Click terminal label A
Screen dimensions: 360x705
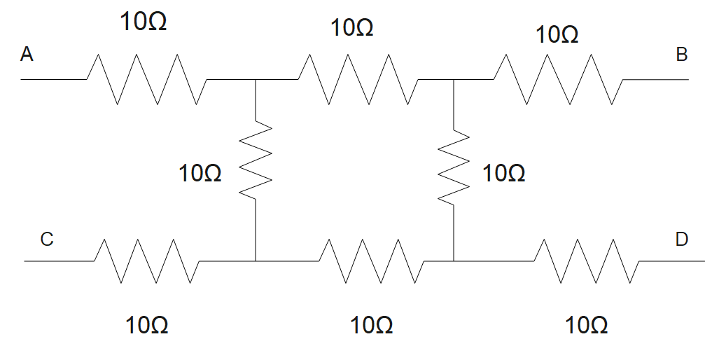tap(27, 54)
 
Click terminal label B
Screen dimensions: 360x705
tap(681, 55)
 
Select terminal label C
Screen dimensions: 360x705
tap(47, 240)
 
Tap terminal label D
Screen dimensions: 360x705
tap(681, 240)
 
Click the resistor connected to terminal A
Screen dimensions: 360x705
tap(146, 80)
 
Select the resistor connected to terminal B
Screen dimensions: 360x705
tap(557, 80)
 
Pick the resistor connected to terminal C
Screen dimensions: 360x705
tap(146, 261)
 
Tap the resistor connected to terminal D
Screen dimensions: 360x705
tap(585, 261)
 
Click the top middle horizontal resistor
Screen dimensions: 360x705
tap(359, 80)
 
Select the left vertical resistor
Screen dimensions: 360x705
tap(256, 162)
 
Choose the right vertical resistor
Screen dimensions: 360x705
tap(454, 167)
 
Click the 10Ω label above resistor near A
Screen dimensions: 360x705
tap(144, 22)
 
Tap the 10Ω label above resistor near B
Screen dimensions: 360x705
tap(557, 34)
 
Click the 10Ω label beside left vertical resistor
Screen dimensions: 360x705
tap(200, 173)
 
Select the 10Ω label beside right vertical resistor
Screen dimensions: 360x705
tap(504, 173)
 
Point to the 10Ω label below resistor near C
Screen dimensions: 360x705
tap(147, 326)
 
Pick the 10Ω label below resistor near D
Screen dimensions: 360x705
tap(587, 326)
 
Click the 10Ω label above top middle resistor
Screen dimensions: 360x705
tap(352, 28)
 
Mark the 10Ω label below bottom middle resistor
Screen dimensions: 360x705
tap(371, 326)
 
